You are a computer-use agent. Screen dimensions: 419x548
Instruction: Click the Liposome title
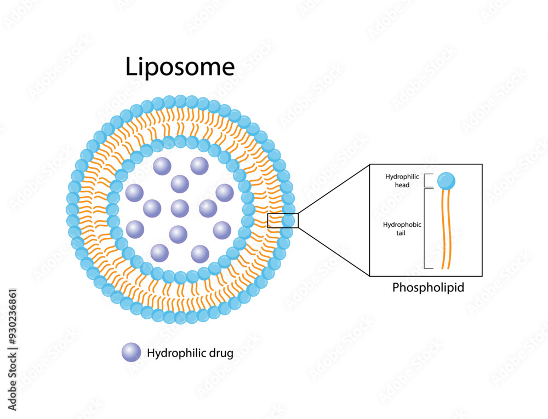click(x=180, y=67)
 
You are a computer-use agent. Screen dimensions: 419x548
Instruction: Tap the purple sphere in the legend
click(x=132, y=353)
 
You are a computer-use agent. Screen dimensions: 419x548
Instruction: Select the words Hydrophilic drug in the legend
click(x=190, y=353)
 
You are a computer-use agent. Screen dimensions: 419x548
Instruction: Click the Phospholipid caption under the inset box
click(x=428, y=287)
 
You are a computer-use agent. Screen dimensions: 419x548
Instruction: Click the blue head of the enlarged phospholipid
click(x=446, y=180)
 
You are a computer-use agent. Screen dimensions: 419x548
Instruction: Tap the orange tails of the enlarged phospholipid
click(x=446, y=230)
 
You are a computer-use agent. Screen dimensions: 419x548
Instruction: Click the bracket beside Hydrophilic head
click(x=427, y=181)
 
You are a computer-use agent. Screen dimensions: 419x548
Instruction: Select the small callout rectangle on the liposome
click(x=283, y=221)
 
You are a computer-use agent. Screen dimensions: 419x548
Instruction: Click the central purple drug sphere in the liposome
click(x=180, y=208)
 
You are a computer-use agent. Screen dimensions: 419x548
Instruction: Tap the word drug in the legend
click(x=222, y=353)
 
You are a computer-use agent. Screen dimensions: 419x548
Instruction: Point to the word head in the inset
click(x=402, y=185)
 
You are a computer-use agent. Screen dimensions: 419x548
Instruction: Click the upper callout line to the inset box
click(x=334, y=189)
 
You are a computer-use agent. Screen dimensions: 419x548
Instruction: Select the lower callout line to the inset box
click(x=334, y=251)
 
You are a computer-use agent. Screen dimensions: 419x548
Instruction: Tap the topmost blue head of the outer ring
click(x=180, y=101)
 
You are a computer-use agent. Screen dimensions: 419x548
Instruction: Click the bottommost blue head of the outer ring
click(x=180, y=317)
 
